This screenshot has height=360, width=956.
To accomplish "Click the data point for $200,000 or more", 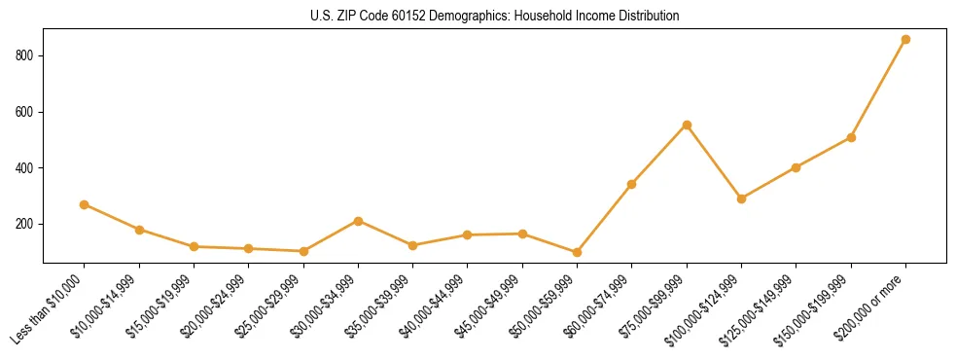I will point(905,40).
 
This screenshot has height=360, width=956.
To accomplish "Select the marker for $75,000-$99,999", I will point(687,125).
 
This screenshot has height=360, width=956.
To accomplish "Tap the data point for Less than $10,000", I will point(85,204).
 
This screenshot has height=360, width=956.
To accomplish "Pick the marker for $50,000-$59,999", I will point(577,252).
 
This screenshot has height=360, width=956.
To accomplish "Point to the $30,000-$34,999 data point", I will point(358,221).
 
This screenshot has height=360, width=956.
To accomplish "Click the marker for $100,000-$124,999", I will point(741,198).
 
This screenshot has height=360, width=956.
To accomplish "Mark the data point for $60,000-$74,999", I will point(632,184).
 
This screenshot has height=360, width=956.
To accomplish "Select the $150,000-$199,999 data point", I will point(851,137).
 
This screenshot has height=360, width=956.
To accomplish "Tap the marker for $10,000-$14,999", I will point(139,230).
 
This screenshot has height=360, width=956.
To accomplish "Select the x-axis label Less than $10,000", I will point(49,309).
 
